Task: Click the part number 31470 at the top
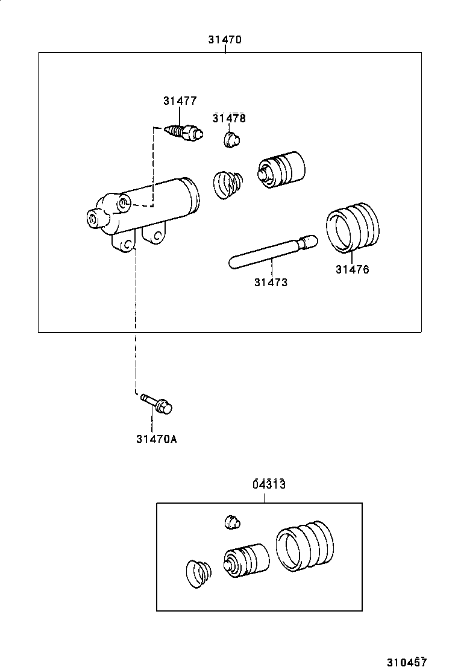pos(225,40)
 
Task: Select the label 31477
pos(180,101)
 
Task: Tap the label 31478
pos(229,118)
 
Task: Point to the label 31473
pos(271,282)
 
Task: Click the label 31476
pos(353,269)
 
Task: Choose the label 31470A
pos(157,439)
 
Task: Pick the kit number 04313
pos(268,484)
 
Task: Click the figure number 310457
pos(407,662)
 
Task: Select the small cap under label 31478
pos(231,140)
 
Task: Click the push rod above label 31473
pos(271,252)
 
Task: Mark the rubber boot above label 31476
pos(353,227)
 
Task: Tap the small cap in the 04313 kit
pos(233,522)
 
